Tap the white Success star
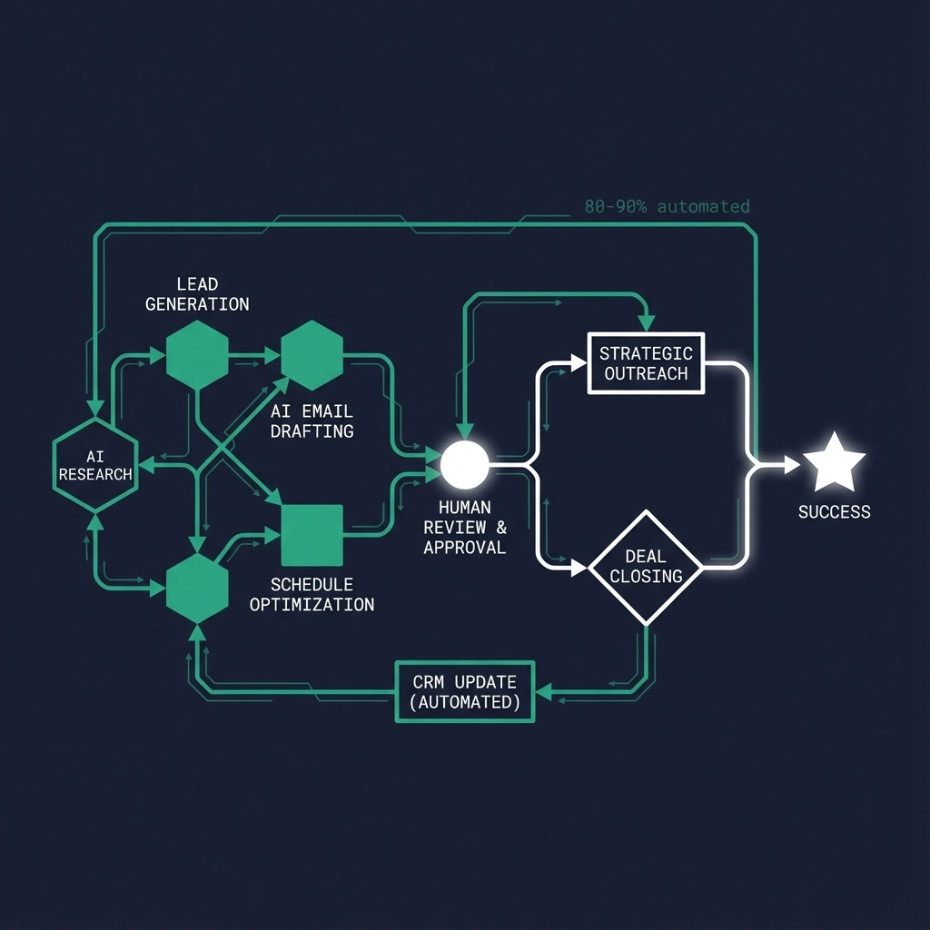click(834, 463)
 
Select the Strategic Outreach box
click(646, 363)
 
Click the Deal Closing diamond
click(646, 567)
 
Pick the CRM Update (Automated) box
click(465, 692)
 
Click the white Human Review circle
click(464, 463)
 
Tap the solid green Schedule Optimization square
click(312, 535)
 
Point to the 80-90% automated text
click(668, 206)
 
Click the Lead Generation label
click(197, 294)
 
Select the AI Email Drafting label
click(312, 421)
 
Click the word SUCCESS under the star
click(834, 512)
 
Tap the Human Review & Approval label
click(464, 528)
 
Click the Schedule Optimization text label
click(312, 594)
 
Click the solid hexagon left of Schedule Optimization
click(197, 589)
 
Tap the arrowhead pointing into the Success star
click(791, 465)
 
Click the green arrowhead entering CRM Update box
click(542, 693)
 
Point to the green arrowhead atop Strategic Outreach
click(646, 323)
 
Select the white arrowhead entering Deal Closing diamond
click(579, 569)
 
